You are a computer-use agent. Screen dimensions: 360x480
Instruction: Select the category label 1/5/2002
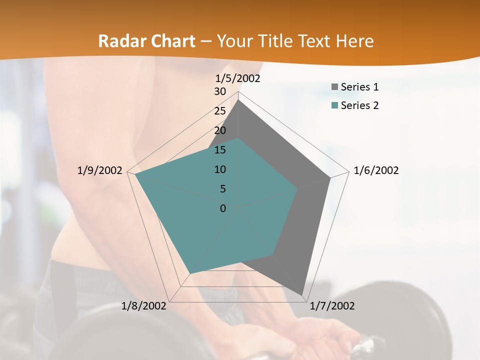[238, 78]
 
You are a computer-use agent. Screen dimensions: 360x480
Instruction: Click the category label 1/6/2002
[376, 170]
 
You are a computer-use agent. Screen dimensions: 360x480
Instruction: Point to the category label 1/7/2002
[332, 306]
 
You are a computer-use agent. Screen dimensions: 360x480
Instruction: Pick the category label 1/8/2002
[143, 306]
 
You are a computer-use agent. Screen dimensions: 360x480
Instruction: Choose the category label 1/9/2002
[100, 170]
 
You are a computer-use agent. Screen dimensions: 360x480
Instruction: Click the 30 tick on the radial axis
[220, 91]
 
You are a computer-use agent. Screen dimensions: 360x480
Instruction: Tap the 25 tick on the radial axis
[220, 111]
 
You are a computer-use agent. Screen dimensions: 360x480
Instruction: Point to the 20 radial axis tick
[220, 130]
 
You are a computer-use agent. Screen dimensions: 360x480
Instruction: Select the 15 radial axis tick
[220, 150]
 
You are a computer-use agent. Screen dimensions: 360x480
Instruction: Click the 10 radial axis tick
[220, 169]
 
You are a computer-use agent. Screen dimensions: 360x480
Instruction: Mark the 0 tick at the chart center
[223, 208]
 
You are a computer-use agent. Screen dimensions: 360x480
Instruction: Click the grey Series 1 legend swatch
[334, 87]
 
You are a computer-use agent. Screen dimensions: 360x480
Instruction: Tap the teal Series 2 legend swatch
[334, 105]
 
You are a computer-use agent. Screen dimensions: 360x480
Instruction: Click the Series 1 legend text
[359, 87]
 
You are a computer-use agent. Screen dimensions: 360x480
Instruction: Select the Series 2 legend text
[359, 105]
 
